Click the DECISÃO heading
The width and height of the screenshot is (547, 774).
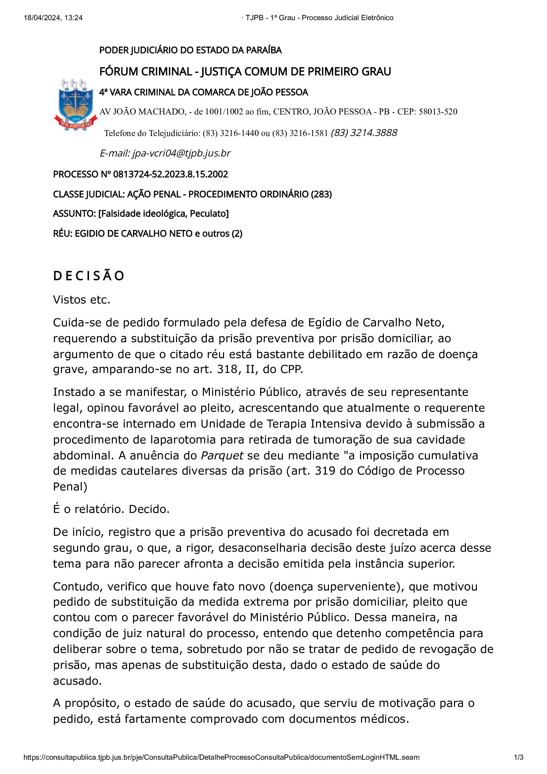[89, 276]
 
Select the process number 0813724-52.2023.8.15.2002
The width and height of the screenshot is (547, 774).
[170, 174]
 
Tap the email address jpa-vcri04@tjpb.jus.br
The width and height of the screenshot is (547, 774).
[181, 154]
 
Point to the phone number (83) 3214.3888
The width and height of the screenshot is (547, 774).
[364, 133]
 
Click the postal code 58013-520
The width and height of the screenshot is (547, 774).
[438, 112]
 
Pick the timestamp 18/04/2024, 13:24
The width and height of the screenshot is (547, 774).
[53, 18]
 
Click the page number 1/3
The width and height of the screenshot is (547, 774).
[518, 757]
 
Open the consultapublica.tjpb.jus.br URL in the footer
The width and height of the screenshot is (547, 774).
[221, 757]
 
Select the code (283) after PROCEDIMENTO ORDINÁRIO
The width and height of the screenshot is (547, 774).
[321, 194]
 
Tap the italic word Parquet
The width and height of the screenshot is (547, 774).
[222, 455]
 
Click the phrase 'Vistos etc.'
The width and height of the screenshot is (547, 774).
[81, 300]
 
